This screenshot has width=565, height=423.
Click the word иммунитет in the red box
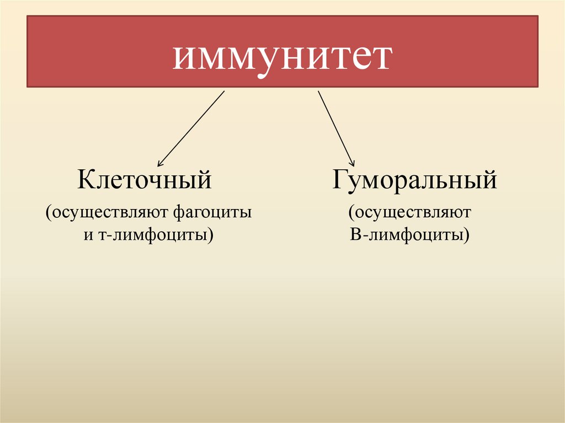pos(282,57)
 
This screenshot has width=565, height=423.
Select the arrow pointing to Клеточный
pos(191,128)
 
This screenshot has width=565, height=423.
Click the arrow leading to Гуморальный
pos(336,126)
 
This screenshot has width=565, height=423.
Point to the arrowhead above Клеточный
pos(160,163)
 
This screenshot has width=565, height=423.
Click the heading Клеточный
pos(145,180)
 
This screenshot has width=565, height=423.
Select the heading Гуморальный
pos(414,181)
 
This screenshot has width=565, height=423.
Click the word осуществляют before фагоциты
pos(111,212)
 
